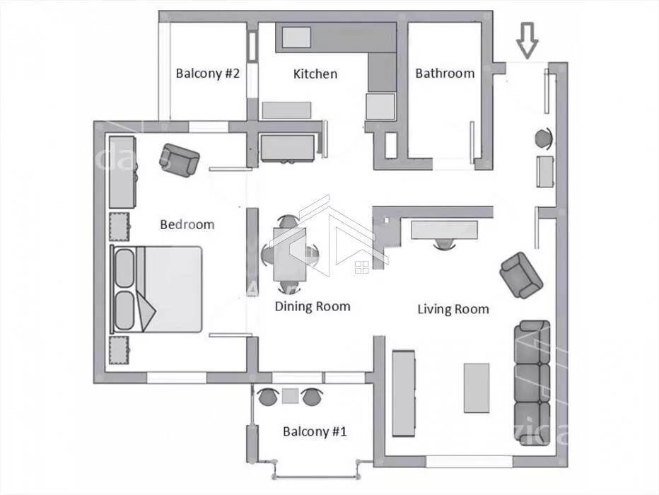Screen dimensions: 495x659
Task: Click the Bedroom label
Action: [x=187, y=224]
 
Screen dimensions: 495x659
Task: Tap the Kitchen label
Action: [x=315, y=74]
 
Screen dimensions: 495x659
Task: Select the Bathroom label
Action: [x=444, y=73]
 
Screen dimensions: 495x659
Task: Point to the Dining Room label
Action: [x=313, y=306]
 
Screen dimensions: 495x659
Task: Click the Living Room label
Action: [x=453, y=309]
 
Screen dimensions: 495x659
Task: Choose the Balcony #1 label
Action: [x=315, y=431]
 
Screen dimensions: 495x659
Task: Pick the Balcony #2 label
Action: [x=208, y=73]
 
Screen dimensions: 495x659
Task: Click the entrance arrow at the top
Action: [x=527, y=40]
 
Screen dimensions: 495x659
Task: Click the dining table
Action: [x=289, y=254]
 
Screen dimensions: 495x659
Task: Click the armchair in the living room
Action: [x=521, y=274]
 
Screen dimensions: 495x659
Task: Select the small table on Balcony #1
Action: [x=290, y=396]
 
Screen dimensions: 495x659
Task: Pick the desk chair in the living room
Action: [x=444, y=244]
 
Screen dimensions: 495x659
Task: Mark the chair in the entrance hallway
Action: [x=544, y=137]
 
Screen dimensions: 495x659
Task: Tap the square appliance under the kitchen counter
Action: [x=380, y=107]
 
